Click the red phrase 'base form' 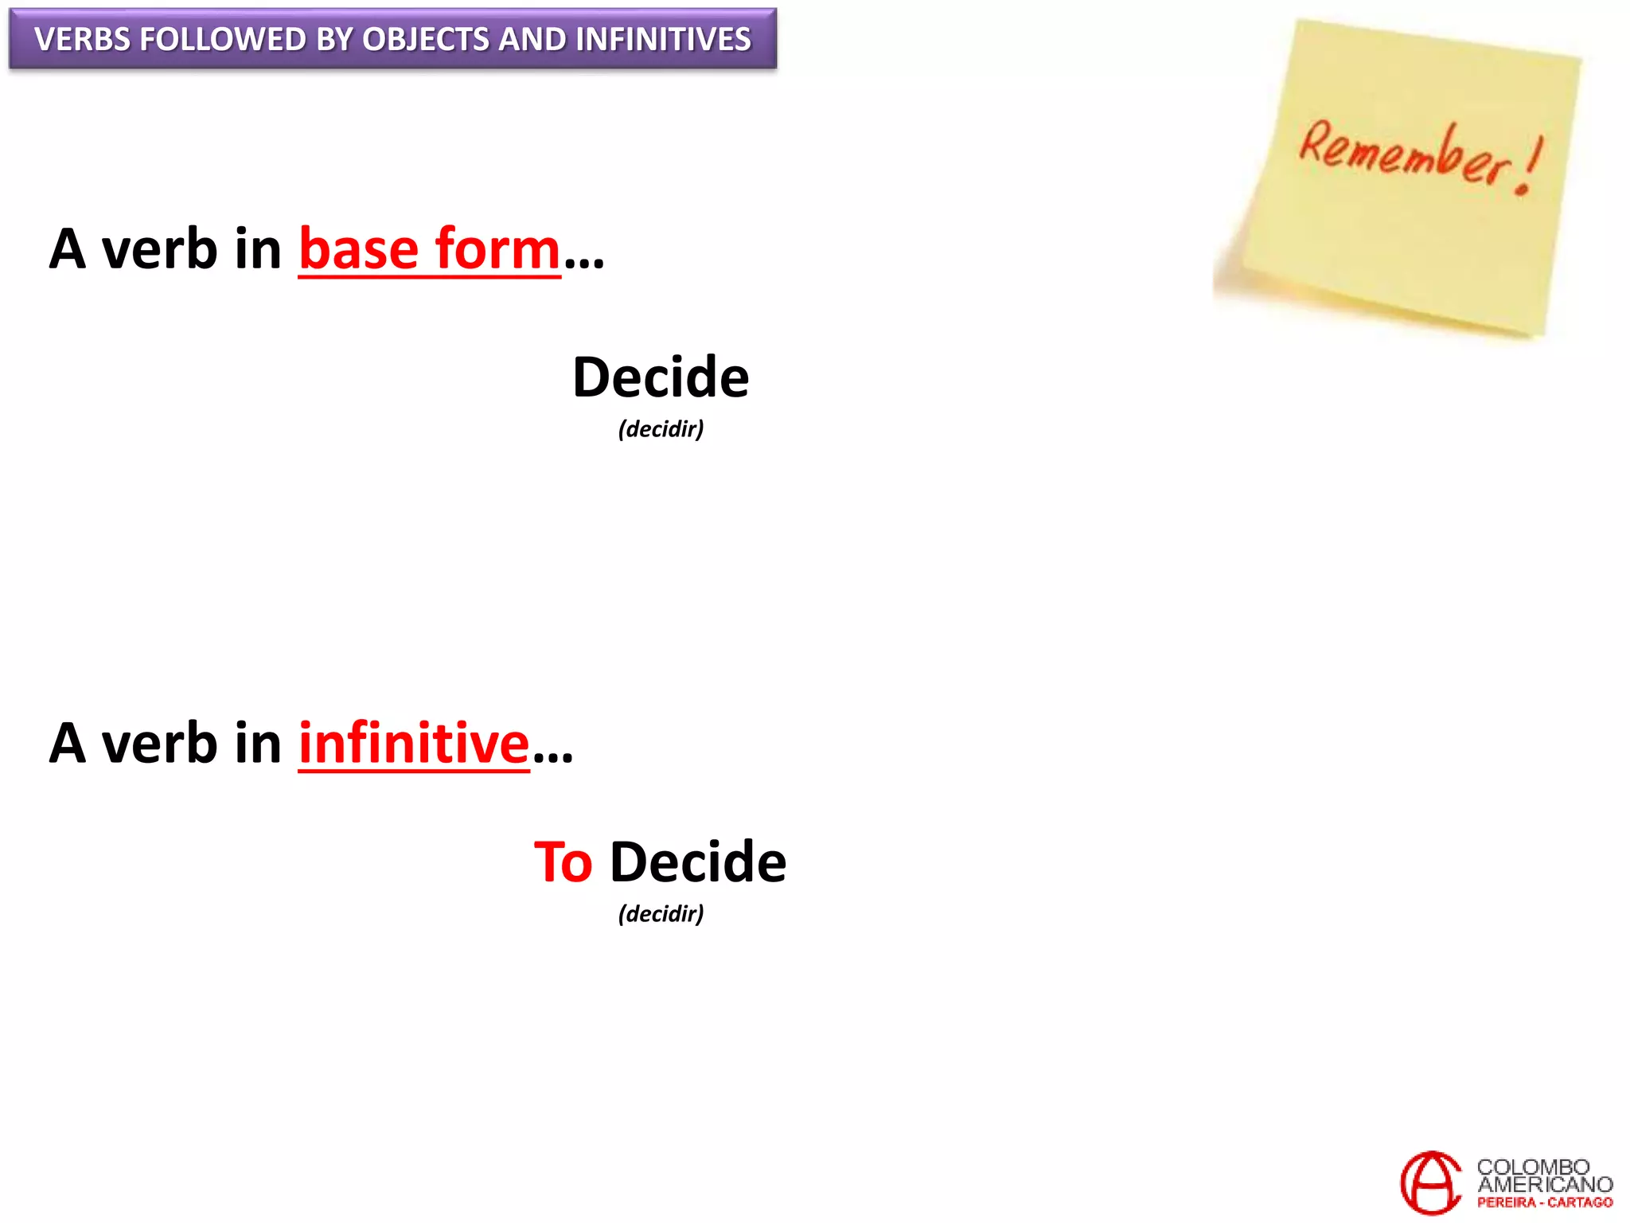click(x=430, y=249)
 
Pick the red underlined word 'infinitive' click(x=414, y=743)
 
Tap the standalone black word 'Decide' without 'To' click(x=661, y=377)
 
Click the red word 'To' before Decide click(x=563, y=862)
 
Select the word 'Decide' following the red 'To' click(x=698, y=862)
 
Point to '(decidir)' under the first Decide click(x=661, y=429)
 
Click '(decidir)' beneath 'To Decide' click(x=661, y=913)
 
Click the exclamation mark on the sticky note click(x=1530, y=166)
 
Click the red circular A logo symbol click(x=1431, y=1182)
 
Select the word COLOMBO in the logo click(x=1533, y=1166)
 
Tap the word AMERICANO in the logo click(x=1544, y=1185)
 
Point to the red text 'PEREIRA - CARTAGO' click(x=1544, y=1203)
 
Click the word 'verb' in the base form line click(x=159, y=249)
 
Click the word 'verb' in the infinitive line click(x=159, y=743)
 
